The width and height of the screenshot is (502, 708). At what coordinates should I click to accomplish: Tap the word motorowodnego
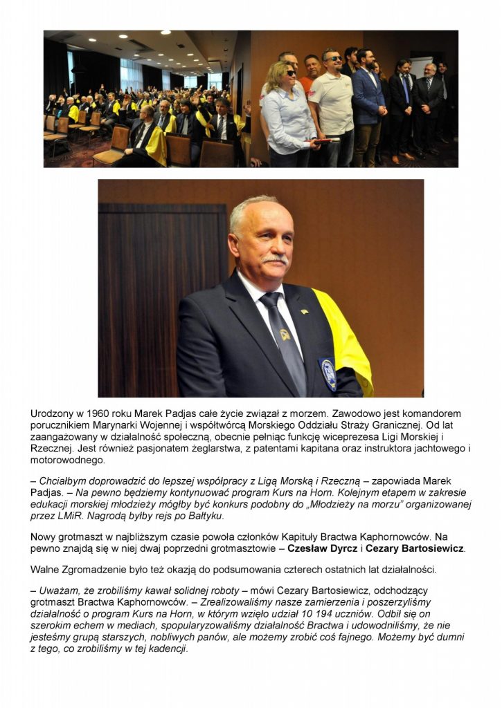tap(68, 460)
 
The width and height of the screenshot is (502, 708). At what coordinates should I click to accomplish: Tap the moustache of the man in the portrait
tap(275, 259)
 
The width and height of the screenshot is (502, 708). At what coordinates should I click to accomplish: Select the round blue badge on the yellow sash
tap(329, 374)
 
